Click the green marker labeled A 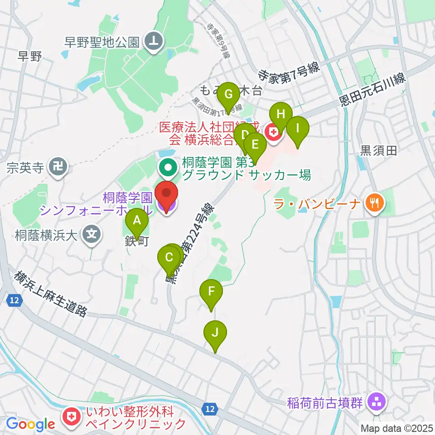pos(136,222)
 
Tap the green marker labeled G pos(228,95)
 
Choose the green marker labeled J pos(215,333)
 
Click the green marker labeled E pos(255,145)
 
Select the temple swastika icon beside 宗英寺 pos(59,167)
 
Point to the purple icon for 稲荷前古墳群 pos(376,401)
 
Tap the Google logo pos(30,424)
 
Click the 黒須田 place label pos(378,151)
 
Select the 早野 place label pos(30,57)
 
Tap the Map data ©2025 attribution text pos(396,428)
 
